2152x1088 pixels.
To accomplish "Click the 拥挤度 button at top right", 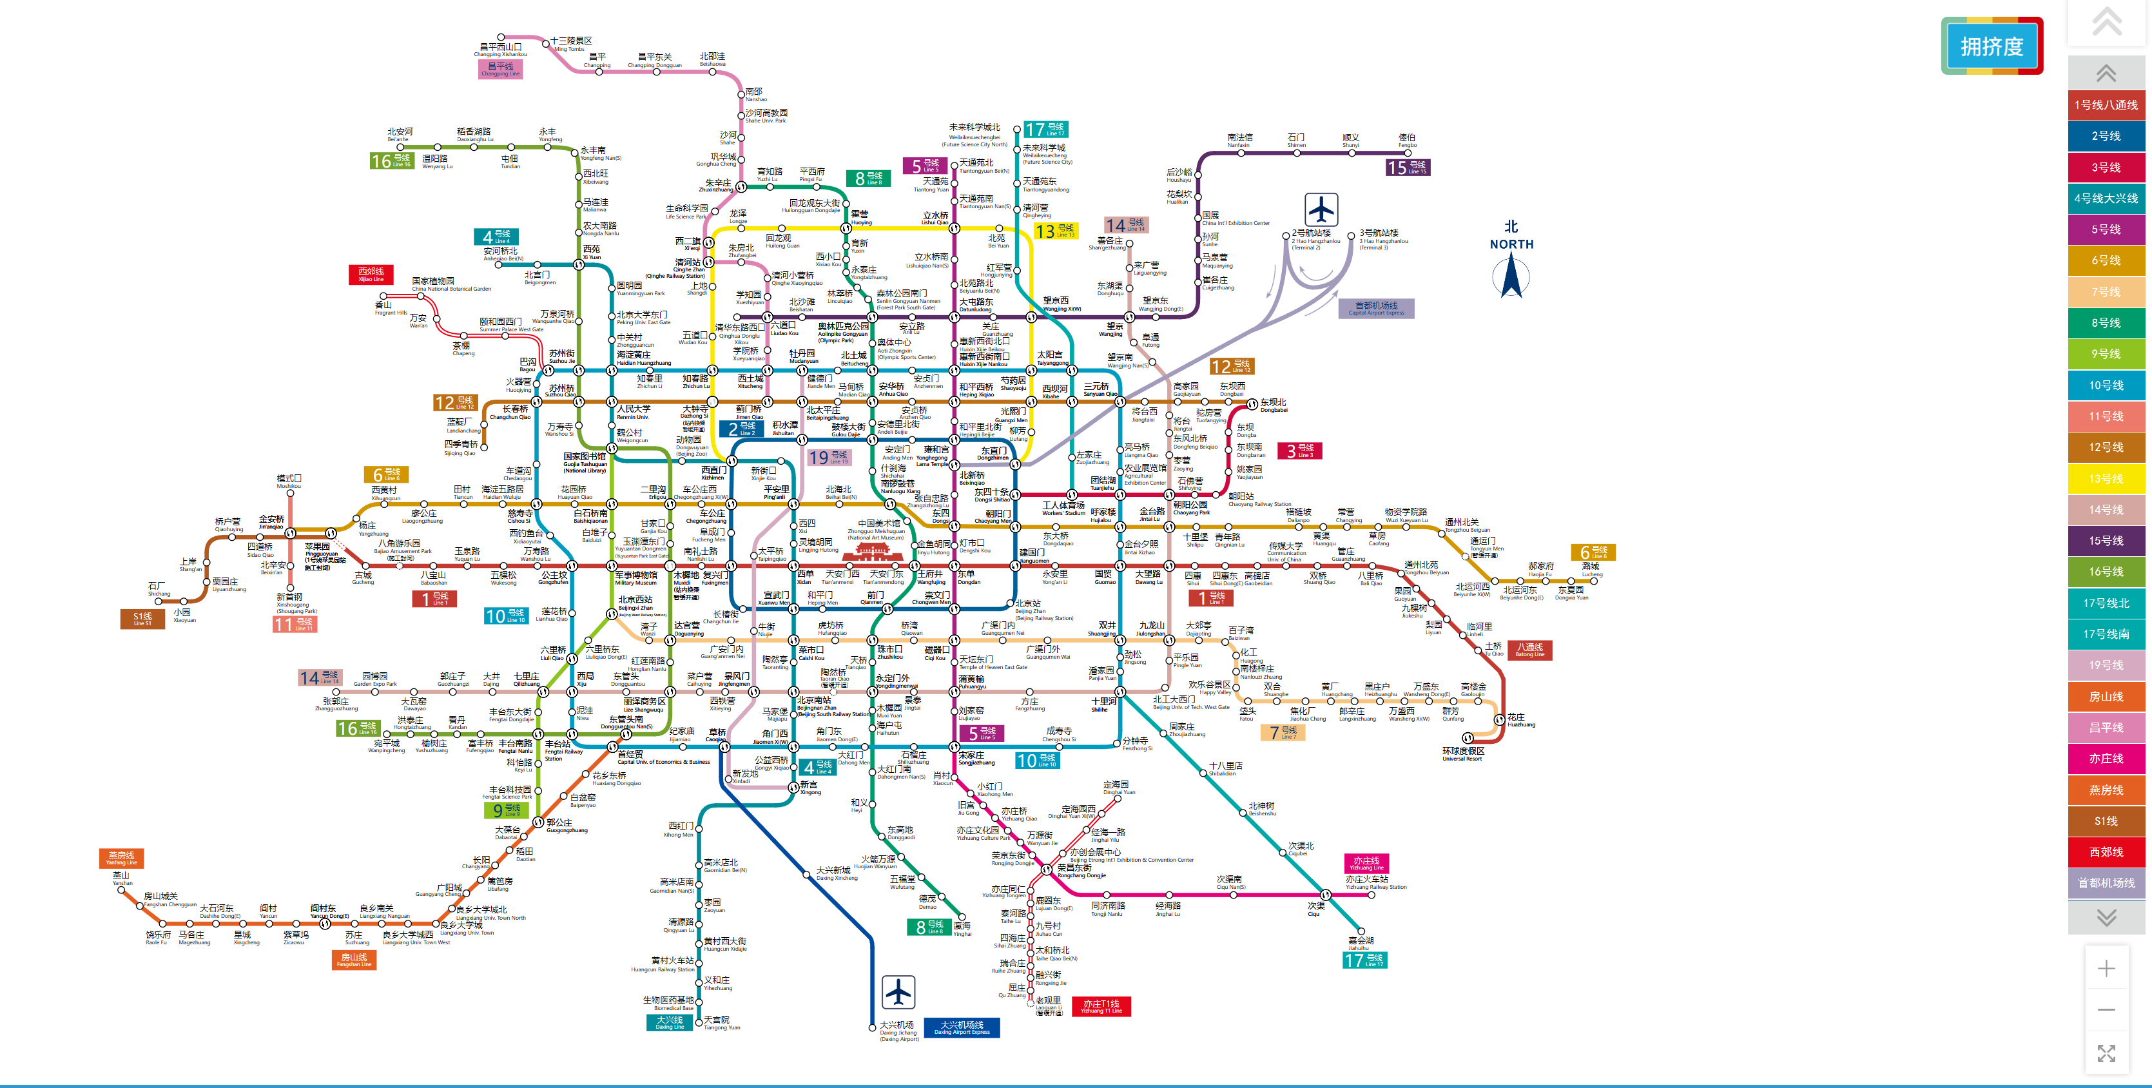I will click(1992, 47).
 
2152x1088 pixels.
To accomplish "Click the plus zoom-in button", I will click(2106, 969).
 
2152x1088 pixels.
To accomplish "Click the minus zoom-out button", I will click(2106, 1009).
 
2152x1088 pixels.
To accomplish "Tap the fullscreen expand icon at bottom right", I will click(2106, 1053).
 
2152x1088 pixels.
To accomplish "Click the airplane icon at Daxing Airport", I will click(898, 992).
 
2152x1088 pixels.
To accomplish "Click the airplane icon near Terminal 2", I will click(1321, 209).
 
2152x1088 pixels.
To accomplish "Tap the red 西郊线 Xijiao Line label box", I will click(371, 274).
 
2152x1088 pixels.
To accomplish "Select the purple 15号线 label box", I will click(1408, 167).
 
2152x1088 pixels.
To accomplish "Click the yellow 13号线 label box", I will click(1055, 231).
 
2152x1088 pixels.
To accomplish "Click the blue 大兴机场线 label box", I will click(962, 1027).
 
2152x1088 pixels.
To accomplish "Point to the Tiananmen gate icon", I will click(873, 552).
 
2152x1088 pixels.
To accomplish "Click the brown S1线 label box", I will click(143, 618).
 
